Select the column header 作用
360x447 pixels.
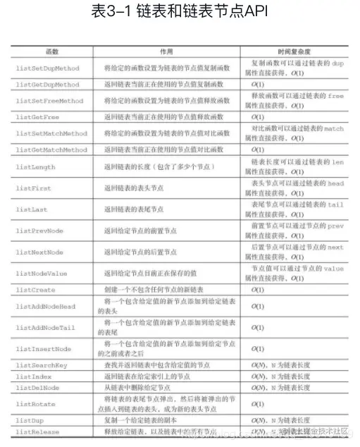[x=166, y=52]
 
